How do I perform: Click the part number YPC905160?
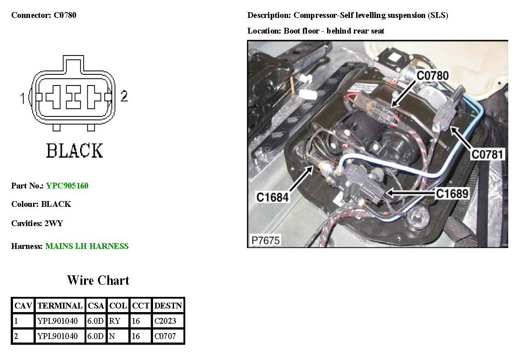pyautogui.click(x=67, y=185)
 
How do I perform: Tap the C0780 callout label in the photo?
pyautogui.click(x=432, y=76)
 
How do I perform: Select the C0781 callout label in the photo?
pyautogui.click(x=488, y=155)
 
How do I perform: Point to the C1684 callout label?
pyautogui.click(x=272, y=197)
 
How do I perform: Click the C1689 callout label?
pyautogui.click(x=452, y=193)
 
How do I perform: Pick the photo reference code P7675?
pyautogui.click(x=266, y=240)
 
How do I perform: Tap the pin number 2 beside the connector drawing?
pyautogui.click(x=124, y=96)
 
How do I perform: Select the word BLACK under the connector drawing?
pyautogui.click(x=75, y=151)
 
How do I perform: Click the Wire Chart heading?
pyautogui.click(x=98, y=280)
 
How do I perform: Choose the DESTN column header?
pyautogui.click(x=168, y=306)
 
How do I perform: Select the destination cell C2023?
pyautogui.click(x=165, y=321)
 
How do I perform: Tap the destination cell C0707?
pyautogui.click(x=165, y=336)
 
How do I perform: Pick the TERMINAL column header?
pyautogui.click(x=60, y=306)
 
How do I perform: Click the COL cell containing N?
pyautogui.click(x=112, y=336)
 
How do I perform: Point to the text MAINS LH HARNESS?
pyautogui.click(x=87, y=246)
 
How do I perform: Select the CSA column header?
pyautogui.click(x=96, y=306)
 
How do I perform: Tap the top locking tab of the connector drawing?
pyautogui.click(x=73, y=63)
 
